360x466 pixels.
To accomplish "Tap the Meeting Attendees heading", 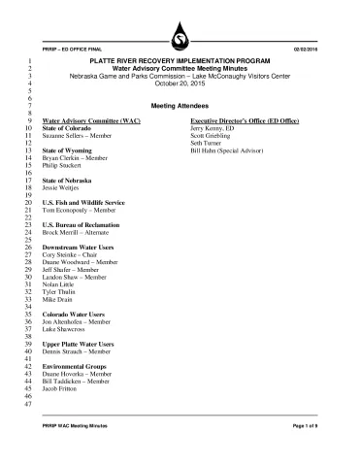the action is [x=180, y=105].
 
